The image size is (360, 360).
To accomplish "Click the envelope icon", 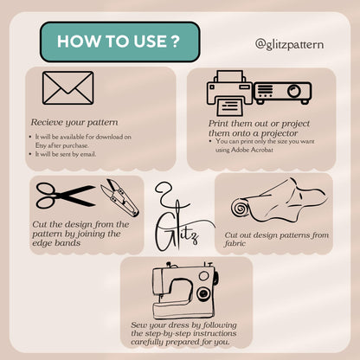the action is [68, 87].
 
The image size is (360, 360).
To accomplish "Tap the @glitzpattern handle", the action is [289, 44].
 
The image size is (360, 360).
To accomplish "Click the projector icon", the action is [282, 93].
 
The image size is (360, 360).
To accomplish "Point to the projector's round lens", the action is [294, 91].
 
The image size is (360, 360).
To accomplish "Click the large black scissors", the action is [66, 196].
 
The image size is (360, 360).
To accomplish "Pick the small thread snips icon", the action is [119, 197].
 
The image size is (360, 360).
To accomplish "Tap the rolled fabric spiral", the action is [239, 209].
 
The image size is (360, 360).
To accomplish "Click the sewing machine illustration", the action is [184, 290].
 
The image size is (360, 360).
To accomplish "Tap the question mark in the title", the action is [175, 42].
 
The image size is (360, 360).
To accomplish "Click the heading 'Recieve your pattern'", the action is [74, 122].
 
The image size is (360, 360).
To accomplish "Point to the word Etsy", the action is [41, 145].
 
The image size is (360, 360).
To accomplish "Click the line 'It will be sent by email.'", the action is [66, 154].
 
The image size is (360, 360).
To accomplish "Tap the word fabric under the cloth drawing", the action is [235, 243].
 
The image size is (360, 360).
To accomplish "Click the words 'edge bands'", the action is [56, 243].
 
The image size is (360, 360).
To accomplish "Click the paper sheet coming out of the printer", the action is [230, 106].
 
